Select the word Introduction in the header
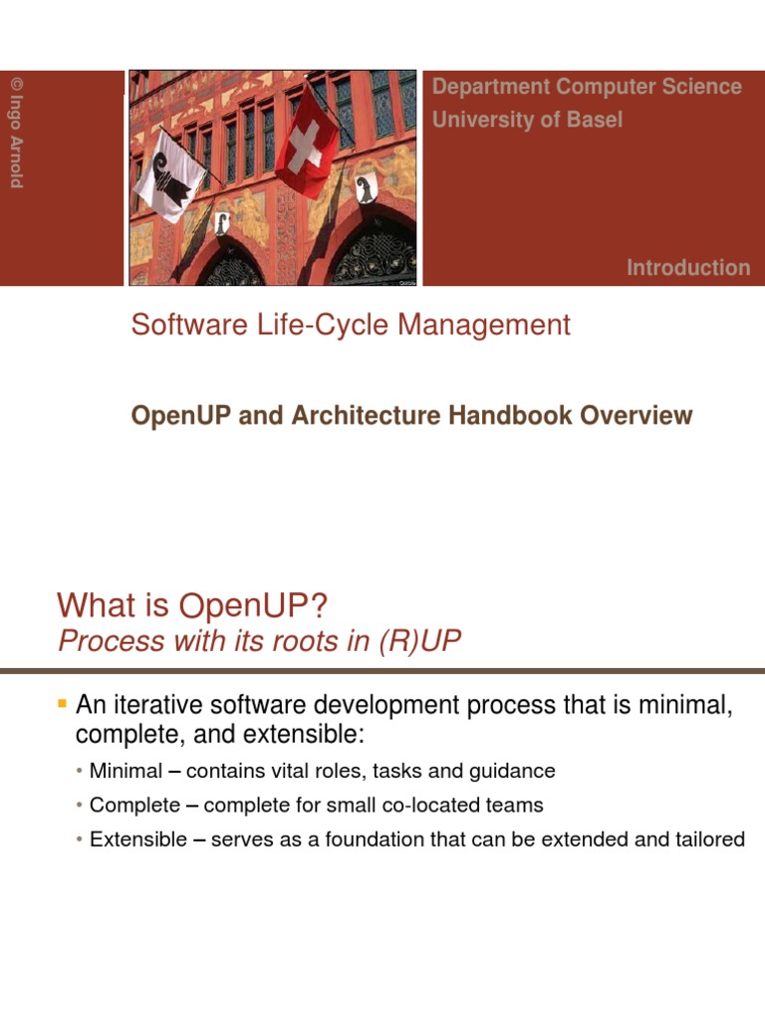pyautogui.click(x=688, y=267)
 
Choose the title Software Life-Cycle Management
pyautogui.click(x=351, y=325)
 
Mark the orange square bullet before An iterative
pyautogui.click(x=63, y=705)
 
